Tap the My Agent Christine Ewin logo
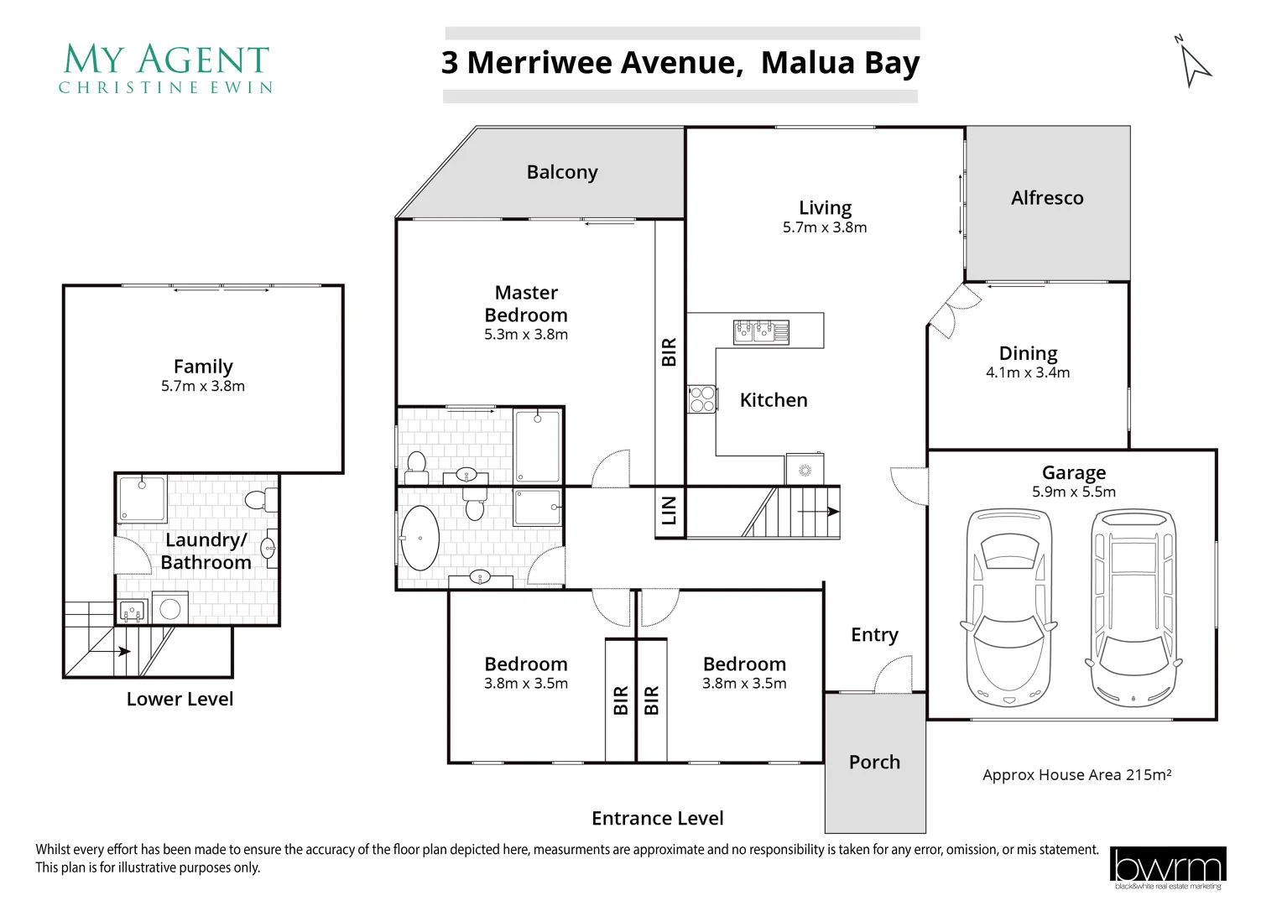pos(166,69)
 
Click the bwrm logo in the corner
pos(1167,867)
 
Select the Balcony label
pos(562,172)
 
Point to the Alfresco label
pos(1047,198)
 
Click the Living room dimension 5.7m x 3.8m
pos(825,227)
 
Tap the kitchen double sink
pos(761,331)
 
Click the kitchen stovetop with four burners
pos(701,399)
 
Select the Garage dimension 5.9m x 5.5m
pos(1074,492)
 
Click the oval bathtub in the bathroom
pos(420,538)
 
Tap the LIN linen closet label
pos(669,510)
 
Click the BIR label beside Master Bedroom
pos(669,352)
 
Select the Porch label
pos(874,763)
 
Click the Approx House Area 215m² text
pos(1076,775)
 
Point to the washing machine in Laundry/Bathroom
pos(170,608)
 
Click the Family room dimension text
pos(203,387)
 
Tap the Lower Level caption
pos(180,700)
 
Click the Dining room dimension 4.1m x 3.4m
pos(1028,373)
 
